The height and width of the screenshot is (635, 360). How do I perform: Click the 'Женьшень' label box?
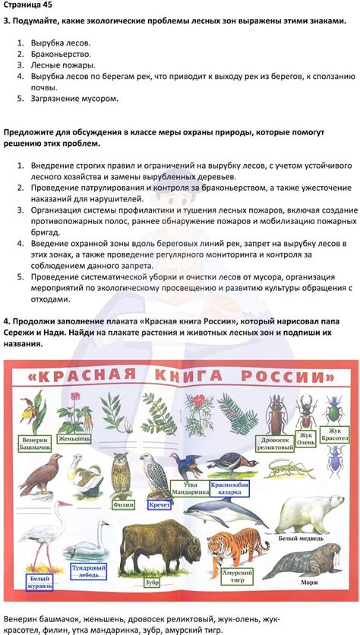pyautogui.click(x=75, y=438)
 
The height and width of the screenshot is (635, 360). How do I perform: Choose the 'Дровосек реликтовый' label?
pyautogui.click(x=275, y=443)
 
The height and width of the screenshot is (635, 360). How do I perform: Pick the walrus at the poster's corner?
pyautogui.click(x=311, y=566)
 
